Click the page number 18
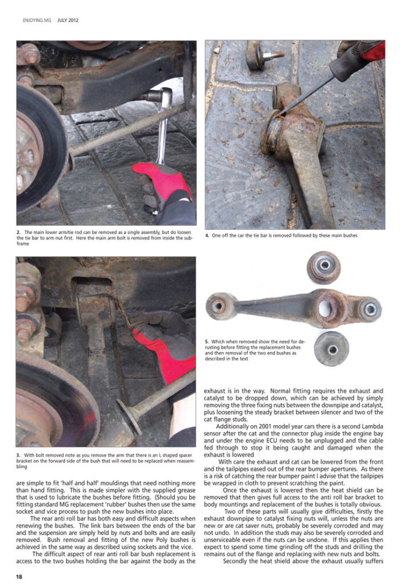[x=19, y=577]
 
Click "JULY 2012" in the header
[x=68, y=20]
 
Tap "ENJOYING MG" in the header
[x=37, y=20]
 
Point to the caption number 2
[x=18, y=232]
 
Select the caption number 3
[x=18, y=455]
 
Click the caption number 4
[x=207, y=235]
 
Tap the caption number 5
[x=207, y=342]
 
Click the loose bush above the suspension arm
[x=324, y=267]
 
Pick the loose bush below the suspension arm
[x=332, y=349]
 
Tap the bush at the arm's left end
[x=220, y=307]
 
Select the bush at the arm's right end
[x=371, y=309]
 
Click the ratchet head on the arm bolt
[x=161, y=97]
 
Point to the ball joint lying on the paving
[x=263, y=56]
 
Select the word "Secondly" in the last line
[x=235, y=561]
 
